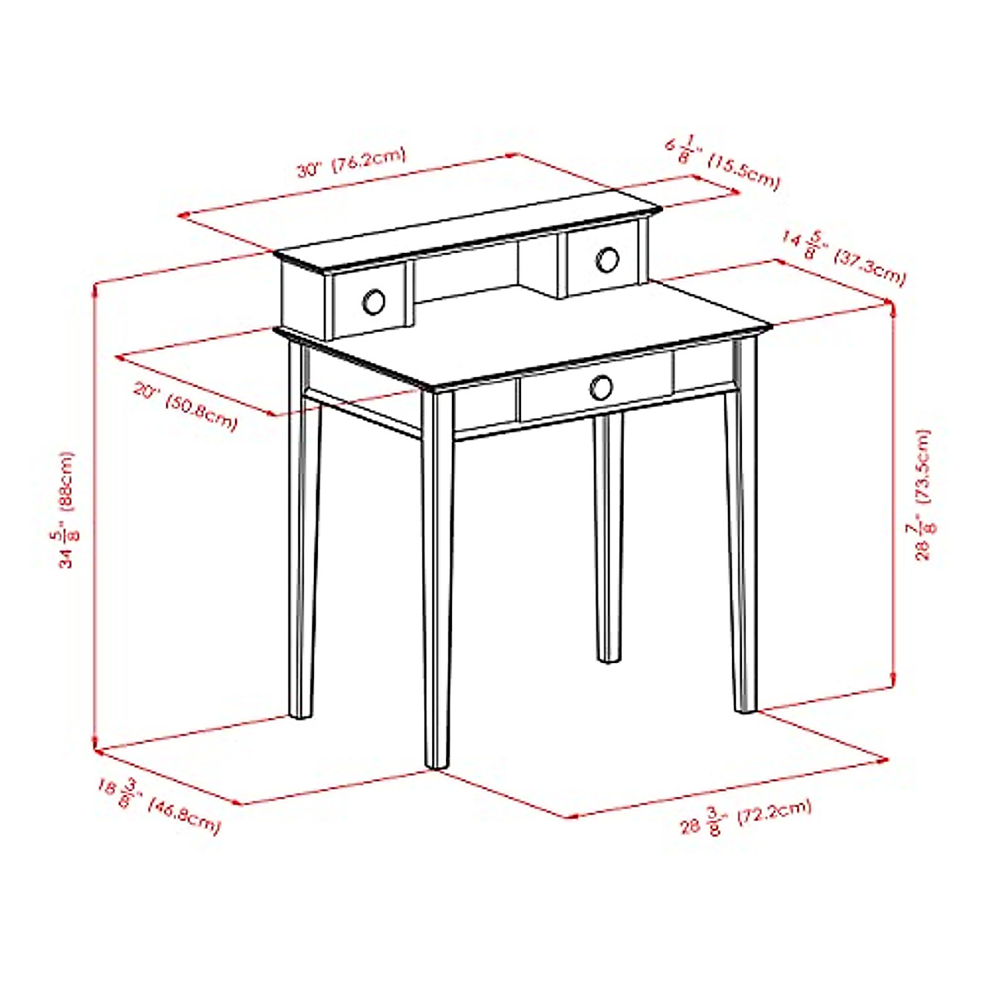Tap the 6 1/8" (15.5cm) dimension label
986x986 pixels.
click(721, 163)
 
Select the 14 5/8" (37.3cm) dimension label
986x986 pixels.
click(843, 257)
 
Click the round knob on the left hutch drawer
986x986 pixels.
click(373, 302)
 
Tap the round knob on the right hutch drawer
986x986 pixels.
click(607, 260)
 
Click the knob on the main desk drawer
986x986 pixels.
click(601, 386)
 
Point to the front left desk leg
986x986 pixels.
click(437, 575)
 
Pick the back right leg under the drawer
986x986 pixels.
click(609, 534)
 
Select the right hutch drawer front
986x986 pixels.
click(601, 261)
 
